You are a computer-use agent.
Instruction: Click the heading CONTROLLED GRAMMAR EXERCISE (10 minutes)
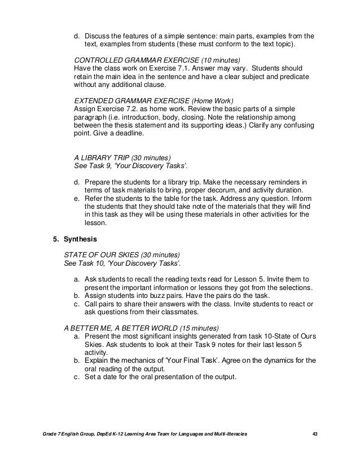tap(157, 60)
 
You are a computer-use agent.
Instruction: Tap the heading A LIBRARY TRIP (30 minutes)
tap(122, 157)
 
